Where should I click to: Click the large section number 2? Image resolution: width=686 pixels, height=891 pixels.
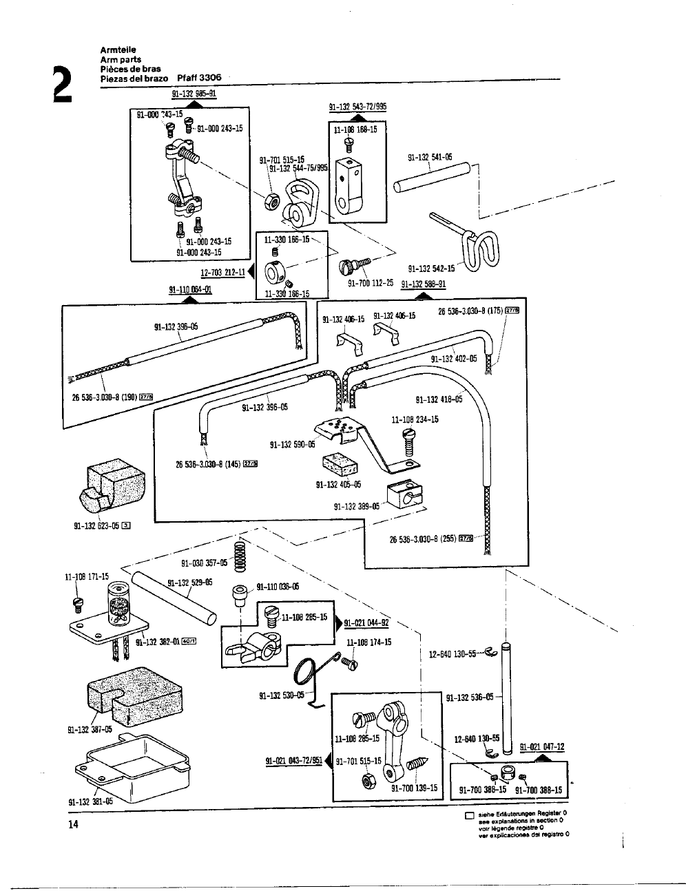[x=61, y=83]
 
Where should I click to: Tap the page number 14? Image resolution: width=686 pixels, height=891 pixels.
[x=74, y=826]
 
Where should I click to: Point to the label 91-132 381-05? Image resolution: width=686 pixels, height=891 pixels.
[x=90, y=801]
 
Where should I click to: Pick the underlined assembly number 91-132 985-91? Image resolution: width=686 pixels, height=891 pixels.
[x=194, y=96]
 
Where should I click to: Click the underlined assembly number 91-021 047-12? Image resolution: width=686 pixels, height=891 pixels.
[x=542, y=746]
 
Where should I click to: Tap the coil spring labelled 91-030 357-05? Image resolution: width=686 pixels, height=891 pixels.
[x=240, y=556]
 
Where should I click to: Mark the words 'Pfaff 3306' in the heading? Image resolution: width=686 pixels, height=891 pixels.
[x=199, y=78]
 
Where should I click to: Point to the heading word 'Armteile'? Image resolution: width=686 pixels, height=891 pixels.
[x=118, y=50]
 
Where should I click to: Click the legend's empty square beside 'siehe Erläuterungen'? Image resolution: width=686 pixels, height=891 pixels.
[x=469, y=817]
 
